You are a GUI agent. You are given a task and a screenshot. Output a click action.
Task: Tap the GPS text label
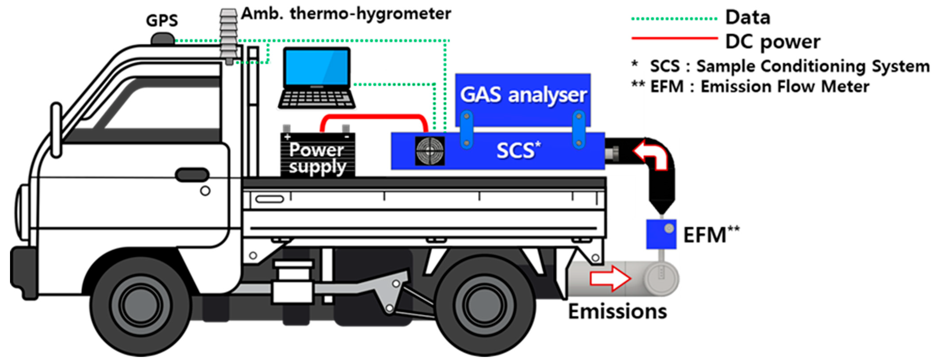click(x=162, y=20)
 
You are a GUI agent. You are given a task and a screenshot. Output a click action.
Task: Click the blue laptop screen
click(x=316, y=67)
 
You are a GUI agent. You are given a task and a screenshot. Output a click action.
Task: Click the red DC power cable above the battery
click(x=374, y=117)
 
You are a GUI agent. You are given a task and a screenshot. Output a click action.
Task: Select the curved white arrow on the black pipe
click(x=651, y=154)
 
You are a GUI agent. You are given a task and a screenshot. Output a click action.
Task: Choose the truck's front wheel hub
click(x=141, y=305)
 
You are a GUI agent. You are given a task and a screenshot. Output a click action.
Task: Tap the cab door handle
click(x=192, y=175)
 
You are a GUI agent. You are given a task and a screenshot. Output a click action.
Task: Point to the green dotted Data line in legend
click(x=674, y=18)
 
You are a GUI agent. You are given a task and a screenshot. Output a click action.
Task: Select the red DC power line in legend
click(x=674, y=38)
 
